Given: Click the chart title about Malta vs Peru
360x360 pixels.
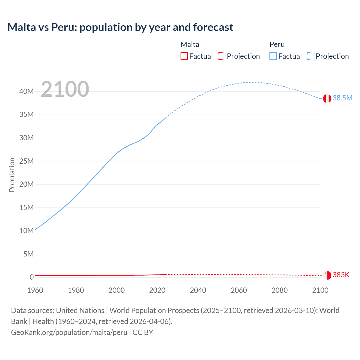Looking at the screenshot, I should pos(120,27).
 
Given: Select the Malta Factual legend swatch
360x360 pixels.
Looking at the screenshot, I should pos(184,56).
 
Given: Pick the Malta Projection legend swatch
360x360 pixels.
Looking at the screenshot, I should pos(222,56).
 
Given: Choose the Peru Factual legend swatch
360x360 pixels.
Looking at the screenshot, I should pos(273,56).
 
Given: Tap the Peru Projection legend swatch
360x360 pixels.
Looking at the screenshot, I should pos(311,56).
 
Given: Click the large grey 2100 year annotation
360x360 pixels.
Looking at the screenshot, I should pos(65,89).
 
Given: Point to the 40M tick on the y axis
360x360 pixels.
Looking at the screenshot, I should pos(26,91).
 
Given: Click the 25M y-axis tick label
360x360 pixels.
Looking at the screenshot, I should pos(26,161).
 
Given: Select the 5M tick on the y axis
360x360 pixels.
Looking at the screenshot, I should pos(28,254).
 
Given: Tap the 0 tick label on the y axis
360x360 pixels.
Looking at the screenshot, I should pos(31,277).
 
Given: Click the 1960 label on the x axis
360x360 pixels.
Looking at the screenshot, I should pos(35,290).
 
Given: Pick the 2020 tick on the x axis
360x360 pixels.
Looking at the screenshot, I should pos(157,290).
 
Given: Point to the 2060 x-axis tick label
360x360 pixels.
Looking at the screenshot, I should pos(239,290).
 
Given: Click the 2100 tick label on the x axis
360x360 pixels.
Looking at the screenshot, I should pos(320,290).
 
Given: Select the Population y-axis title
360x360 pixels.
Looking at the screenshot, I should pos(12,175).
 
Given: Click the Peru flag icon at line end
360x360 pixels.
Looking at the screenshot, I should pos(327,98).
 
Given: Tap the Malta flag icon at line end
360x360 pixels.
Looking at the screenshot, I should pos(327,275).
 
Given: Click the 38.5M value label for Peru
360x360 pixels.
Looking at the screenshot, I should pos(342,98).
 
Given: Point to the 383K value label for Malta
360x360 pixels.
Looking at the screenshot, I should pos(341,275).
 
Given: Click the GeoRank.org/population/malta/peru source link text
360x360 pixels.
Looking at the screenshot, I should pos(69,332).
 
